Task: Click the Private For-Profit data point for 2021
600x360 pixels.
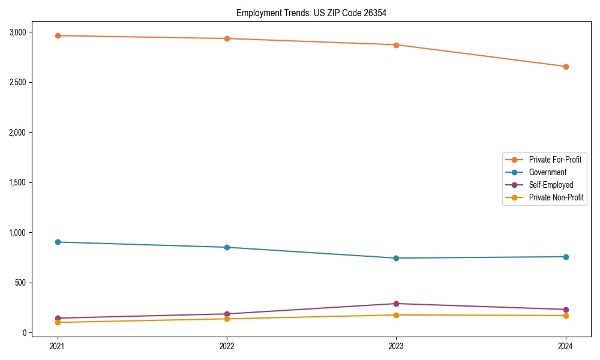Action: [x=58, y=35]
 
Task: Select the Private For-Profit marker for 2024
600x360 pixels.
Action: [x=566, y=67]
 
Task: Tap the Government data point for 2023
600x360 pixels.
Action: [x=396, y=258]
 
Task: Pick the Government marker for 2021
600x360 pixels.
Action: [x=58, y=242]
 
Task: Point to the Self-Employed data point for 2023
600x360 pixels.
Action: [x=396, y=304]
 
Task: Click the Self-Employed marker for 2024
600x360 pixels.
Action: [x=566, y=310]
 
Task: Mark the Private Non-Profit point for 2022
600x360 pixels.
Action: [x=227, y=319]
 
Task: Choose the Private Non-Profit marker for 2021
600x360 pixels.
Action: [x=58, y=322]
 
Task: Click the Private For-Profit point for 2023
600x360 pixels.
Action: [x=396, y=44]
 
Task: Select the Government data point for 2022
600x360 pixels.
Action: [x=227, y=247]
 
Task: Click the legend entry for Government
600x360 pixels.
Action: [x=547, y=172]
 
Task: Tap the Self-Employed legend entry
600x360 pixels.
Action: [x=551, y=185]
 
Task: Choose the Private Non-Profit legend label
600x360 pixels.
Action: [x=556, y=197]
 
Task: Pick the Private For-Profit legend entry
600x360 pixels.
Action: [x=555, y=160]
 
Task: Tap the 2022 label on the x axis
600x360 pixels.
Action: [x=227, y=346]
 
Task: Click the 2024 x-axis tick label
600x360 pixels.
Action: [x=566, y=346]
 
